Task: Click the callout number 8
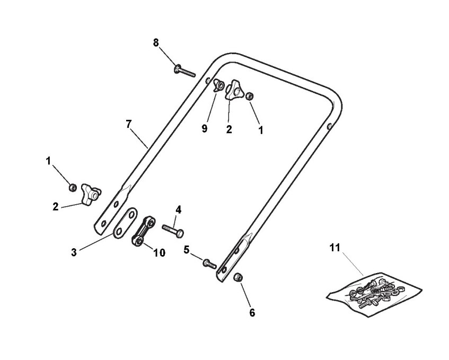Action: pyautogui.click(x=156, y=43)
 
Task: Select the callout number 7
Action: pyautogui.click(x=128, y=124)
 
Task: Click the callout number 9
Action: pyautogui.click(x=205, y=129)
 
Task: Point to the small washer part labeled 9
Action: pyautogui.click(x=218, y=85)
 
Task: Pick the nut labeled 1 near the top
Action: pyautogui.click(x=251, y=96)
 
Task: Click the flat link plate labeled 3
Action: pyautogui.click(x=124, y=224)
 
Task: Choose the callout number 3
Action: pyautogui.click(x=74, y=252)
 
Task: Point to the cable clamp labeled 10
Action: pyautogui.click(x=143, y=232)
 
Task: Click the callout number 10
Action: pyautogui.click(x=159, y=253)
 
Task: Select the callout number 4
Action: pyautogui.click(x=178, y=210)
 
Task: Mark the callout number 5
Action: pyautogui.click(x=187, y=249)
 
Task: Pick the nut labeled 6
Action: pyautogui.click(x=238, y=277)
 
